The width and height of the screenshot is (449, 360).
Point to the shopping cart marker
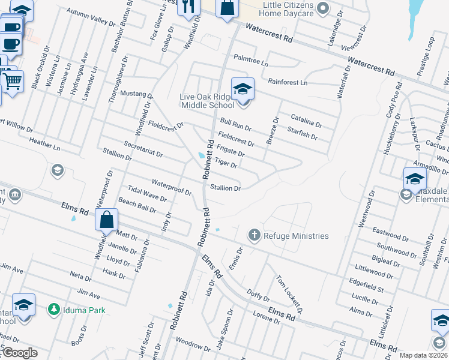(x=13, y=81)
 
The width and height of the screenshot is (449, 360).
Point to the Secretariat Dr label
(x=143, y=149)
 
